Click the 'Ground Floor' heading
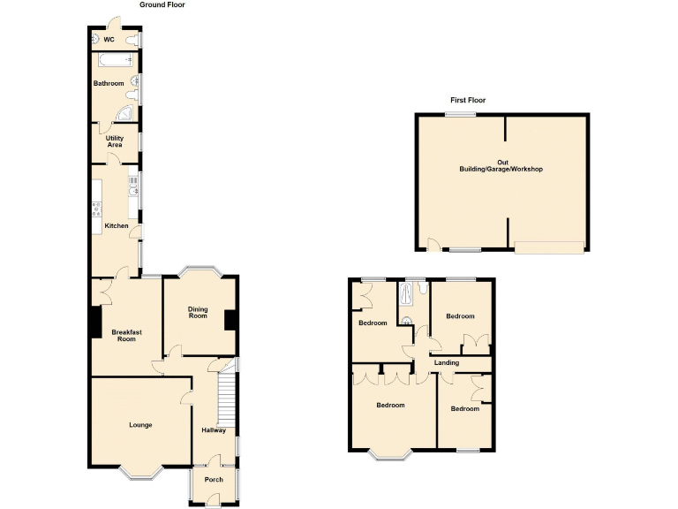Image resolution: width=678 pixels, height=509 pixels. coord(162,4)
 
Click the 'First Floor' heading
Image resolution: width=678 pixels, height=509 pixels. coord(468,100)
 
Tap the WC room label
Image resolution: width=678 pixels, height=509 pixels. coord(109,40)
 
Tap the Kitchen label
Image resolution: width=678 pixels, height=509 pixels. coord(117,226)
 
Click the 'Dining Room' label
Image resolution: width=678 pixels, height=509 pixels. coord(198,312)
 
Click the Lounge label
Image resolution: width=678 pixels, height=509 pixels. coord(140,425)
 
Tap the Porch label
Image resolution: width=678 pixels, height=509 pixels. coord(214,481)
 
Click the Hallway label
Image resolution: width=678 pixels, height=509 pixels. coord(214,430)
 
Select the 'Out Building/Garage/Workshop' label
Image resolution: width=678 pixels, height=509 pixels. coord(501,165)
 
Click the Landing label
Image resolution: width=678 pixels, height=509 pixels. coord(446,363)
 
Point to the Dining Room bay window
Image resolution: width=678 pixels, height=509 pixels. coord(199,270)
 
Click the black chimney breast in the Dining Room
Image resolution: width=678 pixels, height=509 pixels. coord(230,320)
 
